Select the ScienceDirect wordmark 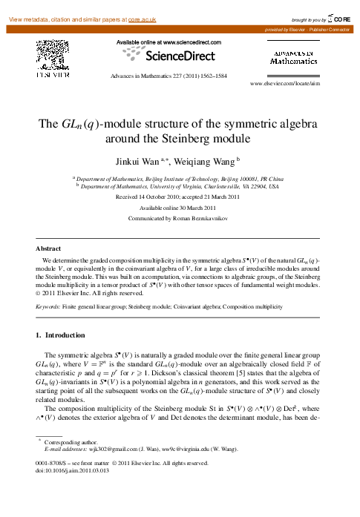pyautogui.click(x=181, y=56)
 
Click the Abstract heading pyautogui.click(x=49, y=248)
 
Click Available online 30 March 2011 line pyautogui.click(x=180, y=208)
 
